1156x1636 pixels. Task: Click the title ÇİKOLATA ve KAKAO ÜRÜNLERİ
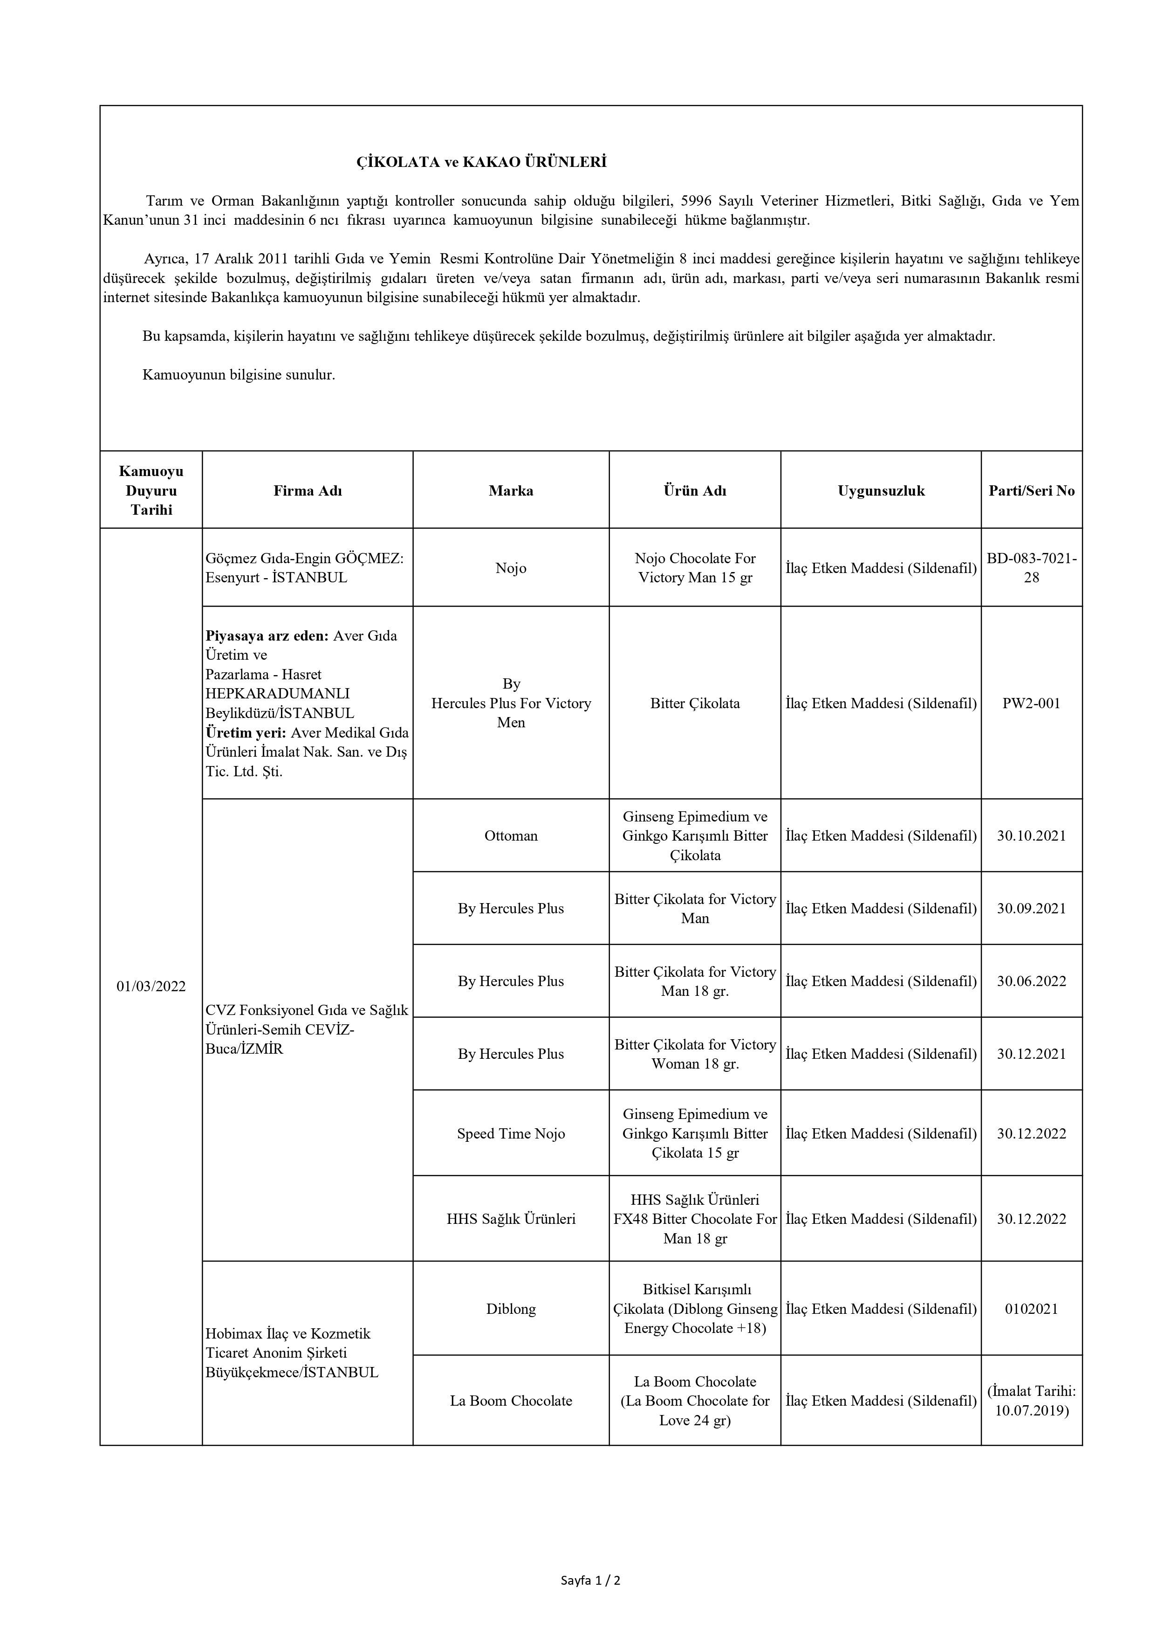point(481,162)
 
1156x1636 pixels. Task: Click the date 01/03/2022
point(151,986)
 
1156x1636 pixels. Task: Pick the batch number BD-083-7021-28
point(1031,568)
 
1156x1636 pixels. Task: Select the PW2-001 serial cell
point(1031,703)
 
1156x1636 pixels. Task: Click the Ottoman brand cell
point(511,836)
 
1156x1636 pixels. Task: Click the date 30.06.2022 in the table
point(1031,981)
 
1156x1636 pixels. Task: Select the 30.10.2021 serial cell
point(1031,836)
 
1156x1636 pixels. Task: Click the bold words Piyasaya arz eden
point(267,635)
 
